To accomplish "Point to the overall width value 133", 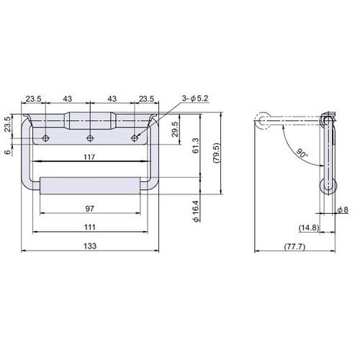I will (89, 246).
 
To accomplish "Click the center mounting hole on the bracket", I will (89, 137).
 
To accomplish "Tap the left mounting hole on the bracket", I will (45, 137).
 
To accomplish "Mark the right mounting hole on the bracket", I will (134, 137).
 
